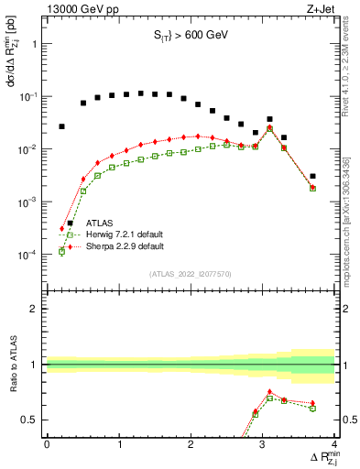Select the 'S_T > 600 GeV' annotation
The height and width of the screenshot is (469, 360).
(x=190, y=38)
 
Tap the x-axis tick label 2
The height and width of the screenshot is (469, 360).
(x=191, y=445)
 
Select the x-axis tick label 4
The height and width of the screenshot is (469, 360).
(x=334, y=445)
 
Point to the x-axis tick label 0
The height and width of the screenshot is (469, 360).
(x=47, y=445)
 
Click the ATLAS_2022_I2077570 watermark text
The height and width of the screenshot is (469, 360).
(x=190, y=273)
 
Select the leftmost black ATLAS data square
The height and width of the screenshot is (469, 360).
(x=61, y=126)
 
